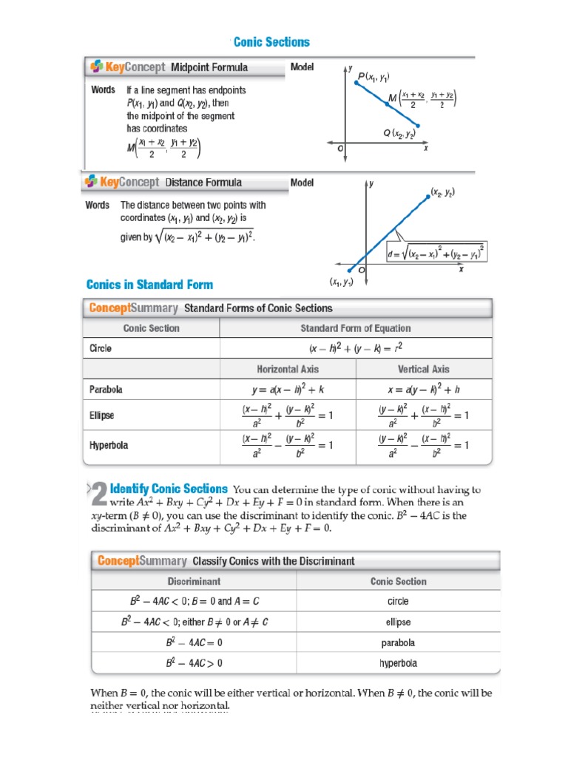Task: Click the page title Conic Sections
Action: (271, 42)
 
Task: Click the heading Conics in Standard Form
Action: (149, 285)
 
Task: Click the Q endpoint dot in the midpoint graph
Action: (419, 126)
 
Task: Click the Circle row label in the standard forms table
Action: (101, 348)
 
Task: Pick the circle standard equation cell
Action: (355, 348)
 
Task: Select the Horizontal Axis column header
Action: (288, 369)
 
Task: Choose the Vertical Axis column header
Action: (423, 369)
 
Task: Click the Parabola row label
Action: (106, 389)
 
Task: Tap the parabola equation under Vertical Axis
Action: (423, 390)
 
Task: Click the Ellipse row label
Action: (102, 415)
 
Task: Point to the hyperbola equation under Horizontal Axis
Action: (288, 446)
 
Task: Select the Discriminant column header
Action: (193, 581)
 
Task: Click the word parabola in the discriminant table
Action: (398, 642)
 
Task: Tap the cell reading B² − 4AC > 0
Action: (193, 663)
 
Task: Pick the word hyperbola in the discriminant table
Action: (398, 663)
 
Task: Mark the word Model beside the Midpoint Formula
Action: (302, 67)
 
